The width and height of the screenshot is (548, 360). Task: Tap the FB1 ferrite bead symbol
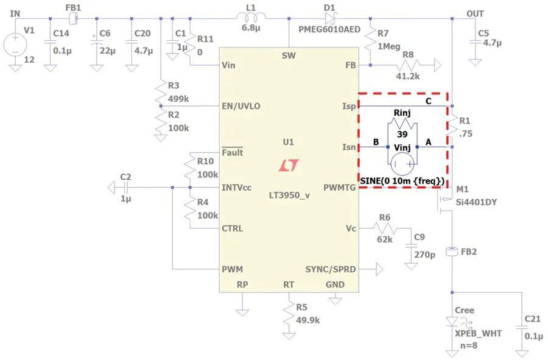click(74, 18)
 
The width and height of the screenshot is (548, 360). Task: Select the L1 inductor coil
click(251, 16)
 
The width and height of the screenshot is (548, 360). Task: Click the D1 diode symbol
click(330, 18)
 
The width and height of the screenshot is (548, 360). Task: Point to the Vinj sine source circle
click(402, 164)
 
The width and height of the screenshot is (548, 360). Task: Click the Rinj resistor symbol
click(402, 123)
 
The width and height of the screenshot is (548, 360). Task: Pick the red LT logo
click(289, 165)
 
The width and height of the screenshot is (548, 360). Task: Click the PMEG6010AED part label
click(329, 29)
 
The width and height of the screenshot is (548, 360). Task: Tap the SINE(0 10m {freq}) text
click(402, 181)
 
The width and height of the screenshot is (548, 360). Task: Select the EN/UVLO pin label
click(241, 106)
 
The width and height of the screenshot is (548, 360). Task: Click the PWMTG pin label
click(339, 188)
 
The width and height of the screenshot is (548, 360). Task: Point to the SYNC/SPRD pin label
click(331, 269)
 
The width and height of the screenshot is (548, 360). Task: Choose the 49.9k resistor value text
click(308, 320)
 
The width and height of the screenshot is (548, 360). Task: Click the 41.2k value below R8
click(408, 76)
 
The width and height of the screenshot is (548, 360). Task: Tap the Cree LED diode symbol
click(452, 322)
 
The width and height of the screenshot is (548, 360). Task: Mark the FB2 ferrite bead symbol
click(452, 252)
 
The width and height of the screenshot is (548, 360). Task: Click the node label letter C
click(428, 101)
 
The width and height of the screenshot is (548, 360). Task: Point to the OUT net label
click(476, 14)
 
